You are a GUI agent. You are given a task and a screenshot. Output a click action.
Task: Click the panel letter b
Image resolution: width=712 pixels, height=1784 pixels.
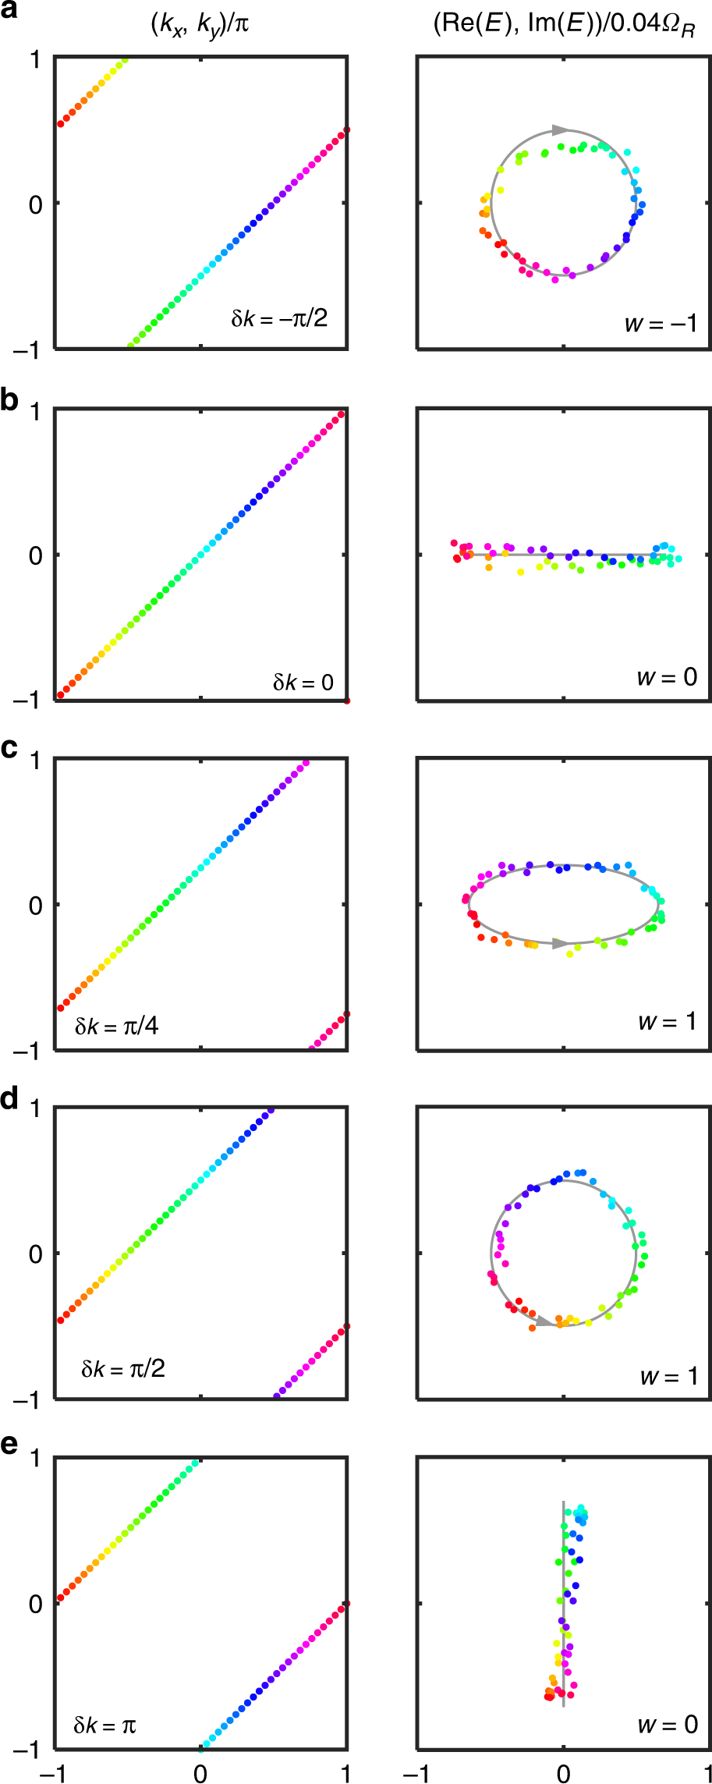(9, 400)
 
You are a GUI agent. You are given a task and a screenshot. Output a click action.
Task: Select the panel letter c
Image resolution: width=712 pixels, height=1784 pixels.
(9, 749)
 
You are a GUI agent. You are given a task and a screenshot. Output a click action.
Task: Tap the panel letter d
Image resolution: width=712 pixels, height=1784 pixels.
(9, 1098)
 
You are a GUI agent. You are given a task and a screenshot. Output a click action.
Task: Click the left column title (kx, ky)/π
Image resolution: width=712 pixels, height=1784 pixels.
(200, 25)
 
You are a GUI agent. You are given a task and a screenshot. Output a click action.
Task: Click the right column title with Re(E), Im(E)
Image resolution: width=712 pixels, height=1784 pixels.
(563, 25)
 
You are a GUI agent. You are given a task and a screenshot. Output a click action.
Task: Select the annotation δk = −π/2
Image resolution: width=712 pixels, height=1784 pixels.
(278, 318)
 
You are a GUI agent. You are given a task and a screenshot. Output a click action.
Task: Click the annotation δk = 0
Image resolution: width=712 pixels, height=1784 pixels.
(303, 683)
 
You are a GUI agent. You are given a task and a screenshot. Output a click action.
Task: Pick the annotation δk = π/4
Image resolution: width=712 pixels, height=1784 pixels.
(116, 1026)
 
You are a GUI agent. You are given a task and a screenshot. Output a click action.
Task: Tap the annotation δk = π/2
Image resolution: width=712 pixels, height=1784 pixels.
(122, 1369)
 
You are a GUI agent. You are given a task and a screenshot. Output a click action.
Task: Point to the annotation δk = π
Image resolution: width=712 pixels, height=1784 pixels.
(104, 1725)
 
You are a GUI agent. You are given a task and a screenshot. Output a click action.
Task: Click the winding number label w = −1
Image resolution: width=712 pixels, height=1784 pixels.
(661, 323)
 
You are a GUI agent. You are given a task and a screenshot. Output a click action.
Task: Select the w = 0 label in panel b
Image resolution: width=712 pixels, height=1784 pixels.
(667, 676)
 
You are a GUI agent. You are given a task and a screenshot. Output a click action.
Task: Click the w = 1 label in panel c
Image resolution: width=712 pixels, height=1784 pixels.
(667, 1021)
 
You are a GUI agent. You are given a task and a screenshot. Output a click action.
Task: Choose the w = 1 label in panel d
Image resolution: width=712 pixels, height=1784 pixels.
(668, 1377)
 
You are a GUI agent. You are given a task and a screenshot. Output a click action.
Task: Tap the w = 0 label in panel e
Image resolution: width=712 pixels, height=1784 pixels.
(667, 1725)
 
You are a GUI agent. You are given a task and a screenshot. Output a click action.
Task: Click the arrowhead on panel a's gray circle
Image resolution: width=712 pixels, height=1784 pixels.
(561, 129)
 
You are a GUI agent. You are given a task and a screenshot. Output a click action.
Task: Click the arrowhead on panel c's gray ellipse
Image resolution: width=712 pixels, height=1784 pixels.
(559, 943)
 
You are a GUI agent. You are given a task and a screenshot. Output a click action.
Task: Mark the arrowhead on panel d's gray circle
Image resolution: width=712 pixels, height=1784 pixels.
(544, 1321)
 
